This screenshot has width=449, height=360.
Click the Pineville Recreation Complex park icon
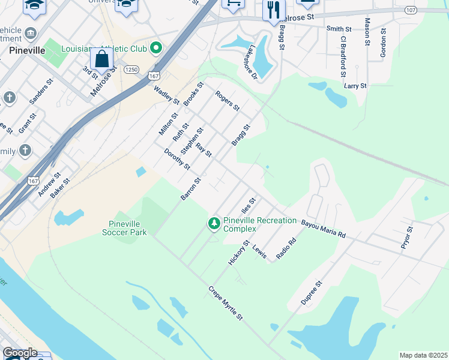[x=214, y=224]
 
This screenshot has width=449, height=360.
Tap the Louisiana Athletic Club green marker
[x=157, y=47]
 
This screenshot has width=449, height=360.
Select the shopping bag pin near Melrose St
[x=102, y=59]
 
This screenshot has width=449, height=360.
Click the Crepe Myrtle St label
[x=226, y=303]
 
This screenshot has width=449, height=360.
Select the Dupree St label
[x=312, y=292]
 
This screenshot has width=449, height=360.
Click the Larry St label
[x=355, y=86]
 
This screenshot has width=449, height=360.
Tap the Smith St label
[x=339, y=29]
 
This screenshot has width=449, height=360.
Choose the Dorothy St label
[x=177, y=159]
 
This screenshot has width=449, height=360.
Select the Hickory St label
[x=238, y=253]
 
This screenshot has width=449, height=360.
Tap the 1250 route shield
[x=131, y=70]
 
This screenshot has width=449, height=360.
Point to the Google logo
[x=20, y=353]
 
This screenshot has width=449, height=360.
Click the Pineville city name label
[x=28, y=51]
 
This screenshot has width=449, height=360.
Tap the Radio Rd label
[x=286, y=249]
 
